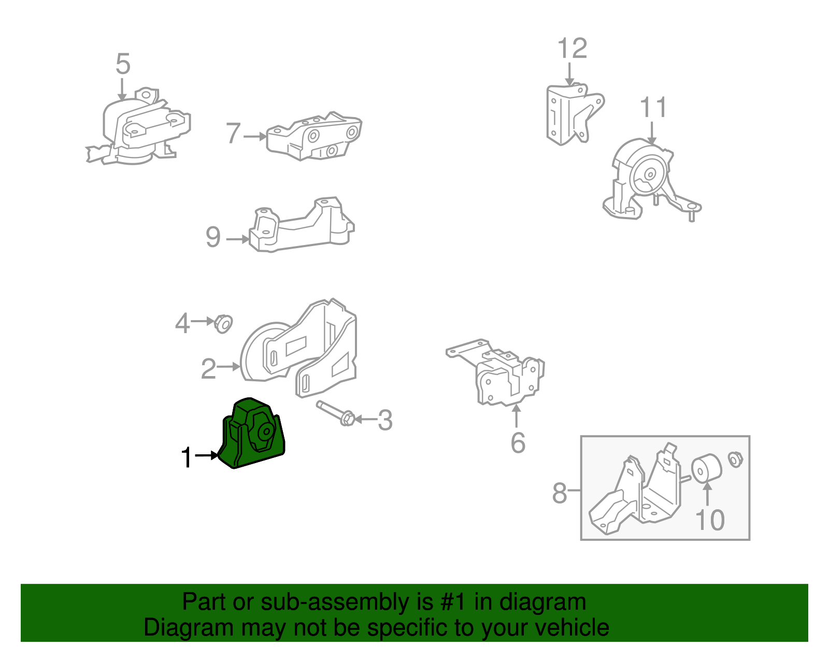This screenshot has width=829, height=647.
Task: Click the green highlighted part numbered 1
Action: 252,434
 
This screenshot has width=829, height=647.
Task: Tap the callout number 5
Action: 123,64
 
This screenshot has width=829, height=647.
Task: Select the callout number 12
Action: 572,48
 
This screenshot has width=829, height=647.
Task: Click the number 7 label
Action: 234,133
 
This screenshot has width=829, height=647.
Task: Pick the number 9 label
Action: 213,237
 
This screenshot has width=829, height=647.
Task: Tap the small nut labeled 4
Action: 223,324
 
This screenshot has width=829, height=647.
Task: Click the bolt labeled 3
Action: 336,414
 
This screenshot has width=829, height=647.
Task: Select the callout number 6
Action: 518,443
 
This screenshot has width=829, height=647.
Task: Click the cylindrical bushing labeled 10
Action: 707,468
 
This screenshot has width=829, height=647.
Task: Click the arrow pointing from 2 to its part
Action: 228,367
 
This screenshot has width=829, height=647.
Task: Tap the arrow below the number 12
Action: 569,75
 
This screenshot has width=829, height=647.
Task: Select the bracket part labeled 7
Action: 313,136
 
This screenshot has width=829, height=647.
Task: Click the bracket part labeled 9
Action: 302,225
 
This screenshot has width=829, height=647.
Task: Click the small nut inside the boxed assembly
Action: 735,459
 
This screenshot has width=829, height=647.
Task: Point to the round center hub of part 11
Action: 650,174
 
